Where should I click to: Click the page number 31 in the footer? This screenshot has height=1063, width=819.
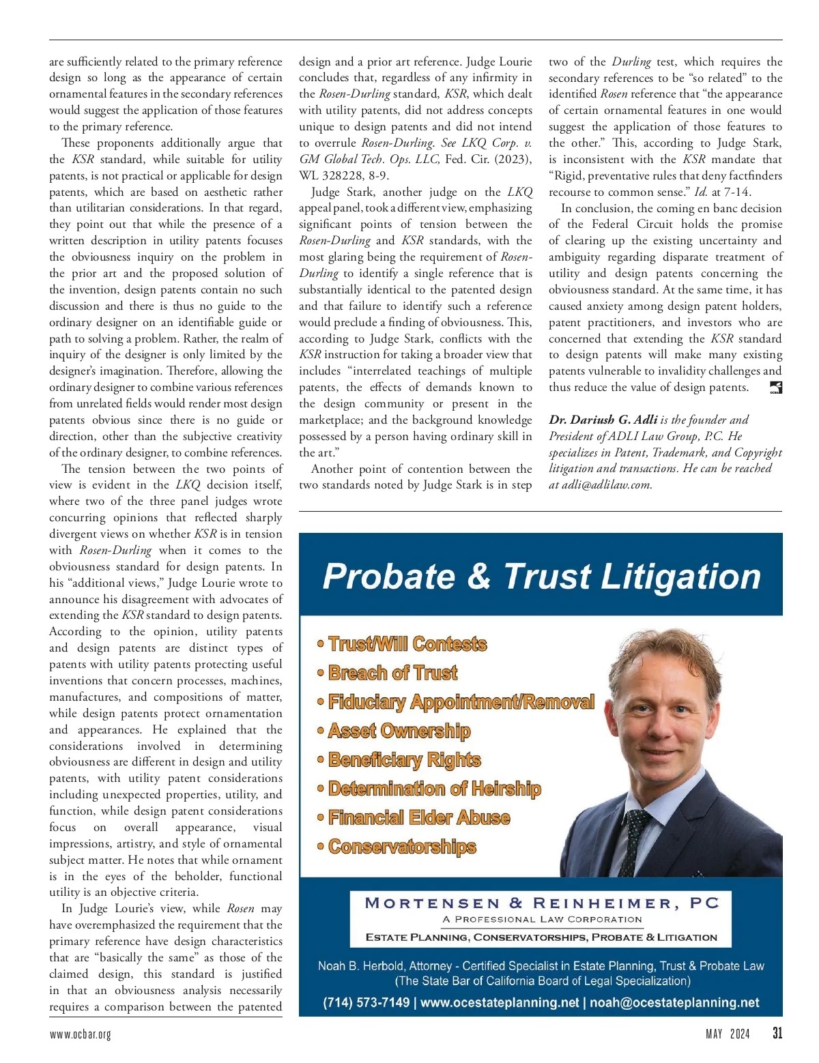[777, 1033]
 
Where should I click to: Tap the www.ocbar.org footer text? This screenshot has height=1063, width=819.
[80, 1034]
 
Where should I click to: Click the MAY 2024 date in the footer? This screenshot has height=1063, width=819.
[728, 1034]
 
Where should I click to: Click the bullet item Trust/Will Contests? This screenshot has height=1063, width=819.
[407, 644]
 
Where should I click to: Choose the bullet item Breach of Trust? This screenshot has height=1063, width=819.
[392, 673]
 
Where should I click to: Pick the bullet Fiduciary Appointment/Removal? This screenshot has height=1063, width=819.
[461, 702]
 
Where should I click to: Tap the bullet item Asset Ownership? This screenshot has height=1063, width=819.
[399, 731]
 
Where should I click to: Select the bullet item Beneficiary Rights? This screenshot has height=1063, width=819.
[404, 760]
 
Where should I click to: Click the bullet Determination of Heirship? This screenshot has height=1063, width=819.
[434, 789]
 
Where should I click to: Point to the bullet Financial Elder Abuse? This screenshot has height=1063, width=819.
[419, 817]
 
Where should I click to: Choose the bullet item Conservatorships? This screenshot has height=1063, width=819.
[402, 847]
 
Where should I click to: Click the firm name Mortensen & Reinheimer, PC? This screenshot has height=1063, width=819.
[542, 903]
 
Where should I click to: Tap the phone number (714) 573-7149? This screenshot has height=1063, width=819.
[367, 1002]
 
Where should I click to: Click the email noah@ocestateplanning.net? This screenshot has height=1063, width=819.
[674, 1002]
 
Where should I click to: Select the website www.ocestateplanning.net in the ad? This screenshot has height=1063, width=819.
[500, 1002]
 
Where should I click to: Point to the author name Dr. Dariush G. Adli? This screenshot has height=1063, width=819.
[603, 420]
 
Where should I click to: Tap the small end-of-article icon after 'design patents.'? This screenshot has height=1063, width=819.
[775, 388]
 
